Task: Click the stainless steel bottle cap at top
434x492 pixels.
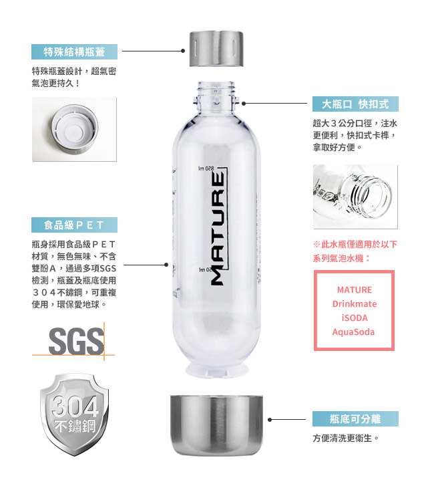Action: tap(216, 49)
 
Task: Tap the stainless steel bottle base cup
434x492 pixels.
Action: tap(216, 425)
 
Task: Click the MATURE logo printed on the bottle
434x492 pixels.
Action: tap(218, 228)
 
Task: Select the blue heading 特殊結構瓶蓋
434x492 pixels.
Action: tap(74, 51)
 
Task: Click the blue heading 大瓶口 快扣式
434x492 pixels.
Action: tap(355, 104)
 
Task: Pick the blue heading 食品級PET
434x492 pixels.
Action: tap(74, 225)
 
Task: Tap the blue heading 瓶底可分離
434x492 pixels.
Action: tap(355, 419)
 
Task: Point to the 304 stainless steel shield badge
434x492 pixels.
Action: tap(75, 414)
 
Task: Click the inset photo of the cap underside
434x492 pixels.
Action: tap(74, 129)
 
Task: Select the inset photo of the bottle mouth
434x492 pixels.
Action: tap(355, 197)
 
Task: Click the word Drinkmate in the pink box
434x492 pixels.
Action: tap(355, 303)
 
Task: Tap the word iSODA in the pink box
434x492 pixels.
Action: tap(355, 318)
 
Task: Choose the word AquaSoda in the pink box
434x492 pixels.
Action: tap(353, 332)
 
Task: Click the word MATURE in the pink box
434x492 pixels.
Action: tap(355, 289)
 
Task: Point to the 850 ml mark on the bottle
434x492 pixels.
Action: tap(206, 168)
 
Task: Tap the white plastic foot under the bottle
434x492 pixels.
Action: tap(216, 370)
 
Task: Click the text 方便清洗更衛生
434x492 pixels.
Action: tap(346, 438)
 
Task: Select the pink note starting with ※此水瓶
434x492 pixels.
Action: tap(355, 251)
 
